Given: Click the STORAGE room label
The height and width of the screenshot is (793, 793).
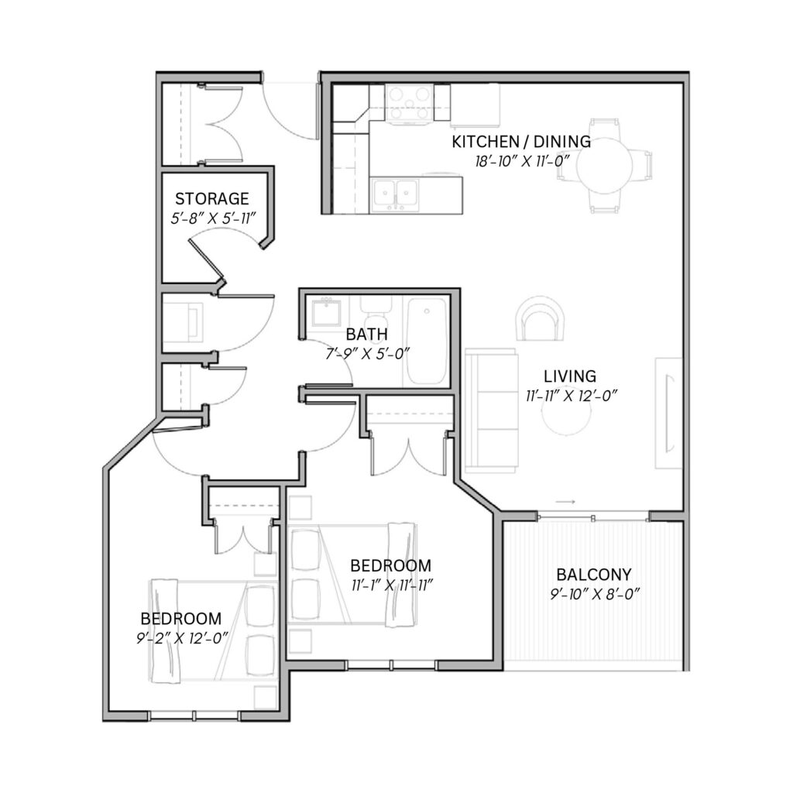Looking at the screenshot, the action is pyautogui.click(x=212, y=198).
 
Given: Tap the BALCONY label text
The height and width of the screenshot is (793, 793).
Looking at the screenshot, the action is pyautogui.click(x=594, y=575).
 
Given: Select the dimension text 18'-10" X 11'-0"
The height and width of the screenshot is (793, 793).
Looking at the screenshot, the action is pyautogui.click(x=523, y=162).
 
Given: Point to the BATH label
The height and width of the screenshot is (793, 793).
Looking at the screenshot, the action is pyautogui.click(x=366, y=335).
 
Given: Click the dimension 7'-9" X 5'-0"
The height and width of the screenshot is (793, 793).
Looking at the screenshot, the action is pyautogui.click(x=366, y=353).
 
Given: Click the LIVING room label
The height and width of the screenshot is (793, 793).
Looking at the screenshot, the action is pyautogui.click(x=570, y=376).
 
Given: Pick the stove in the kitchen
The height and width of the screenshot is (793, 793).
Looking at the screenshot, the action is pyautogui.click(x=409, y=104).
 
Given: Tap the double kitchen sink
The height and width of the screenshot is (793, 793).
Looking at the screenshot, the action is pyautogui.click(x=395, y=195).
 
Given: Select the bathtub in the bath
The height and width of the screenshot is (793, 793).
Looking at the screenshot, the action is pyautogui.click(x=427, y=342).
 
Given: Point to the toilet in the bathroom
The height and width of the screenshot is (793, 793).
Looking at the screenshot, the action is pyautogui.click(x=376, y=314).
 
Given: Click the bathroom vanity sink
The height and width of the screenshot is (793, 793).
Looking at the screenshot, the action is pyautogui.click(x=326, y=313).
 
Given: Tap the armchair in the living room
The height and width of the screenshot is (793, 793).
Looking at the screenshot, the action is pyautogui.click(x=540, y=318).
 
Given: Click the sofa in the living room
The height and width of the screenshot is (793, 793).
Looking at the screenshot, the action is pyautogui.click(x=492, y=410).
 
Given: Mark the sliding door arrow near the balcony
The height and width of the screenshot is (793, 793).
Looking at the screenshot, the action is pyautogui.click(x=565, y=502).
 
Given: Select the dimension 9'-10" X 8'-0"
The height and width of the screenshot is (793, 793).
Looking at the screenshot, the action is pyautogui.click(x=595, y=594).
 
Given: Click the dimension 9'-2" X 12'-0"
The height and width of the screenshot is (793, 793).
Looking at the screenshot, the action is pyautogui.click(x=181, y=638).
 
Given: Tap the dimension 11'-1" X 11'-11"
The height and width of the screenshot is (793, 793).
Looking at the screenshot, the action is pyautogui.click(x=392, y=585).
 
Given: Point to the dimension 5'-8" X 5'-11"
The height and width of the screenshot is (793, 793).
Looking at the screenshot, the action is pyautogui.click(x=213, y=218).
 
